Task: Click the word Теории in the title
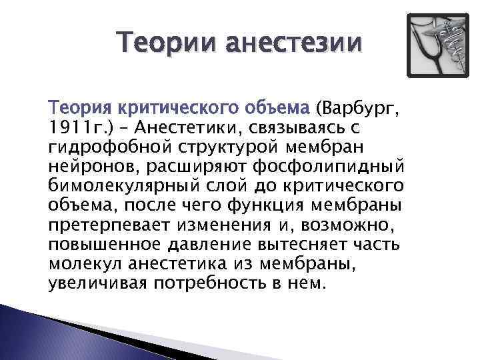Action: click(163, 44)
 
